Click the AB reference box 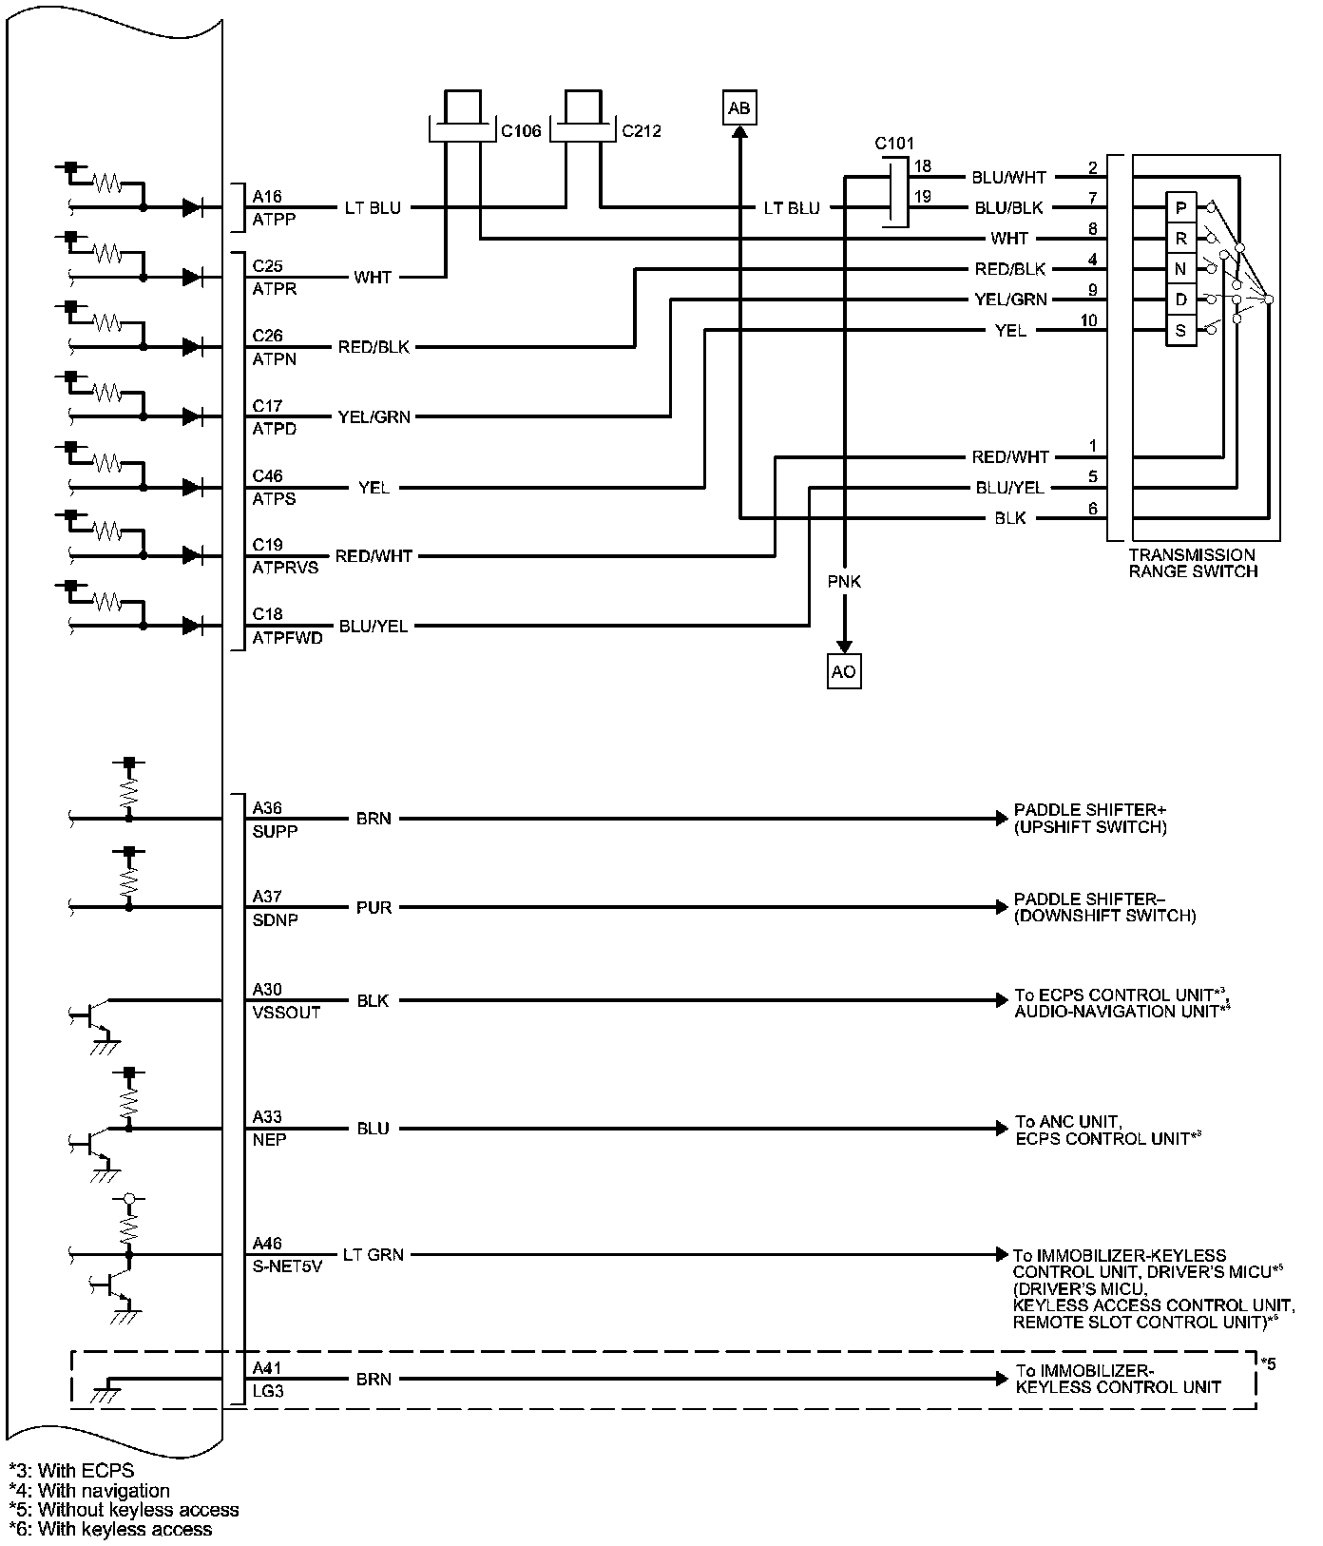738,108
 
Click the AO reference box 843,671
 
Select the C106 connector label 521,131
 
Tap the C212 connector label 642,131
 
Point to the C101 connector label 894,144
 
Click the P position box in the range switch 1180,207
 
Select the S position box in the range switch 1180,331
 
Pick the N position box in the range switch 1180,269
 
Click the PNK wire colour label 844,581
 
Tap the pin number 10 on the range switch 1088,320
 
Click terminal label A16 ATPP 274,207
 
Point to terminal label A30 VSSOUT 286,1000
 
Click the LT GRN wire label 374,1255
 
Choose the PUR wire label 374,908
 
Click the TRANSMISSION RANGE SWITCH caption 1193,563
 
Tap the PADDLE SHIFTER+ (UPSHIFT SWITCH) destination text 1090,819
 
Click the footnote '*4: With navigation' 89,1491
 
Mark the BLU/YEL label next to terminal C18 374,627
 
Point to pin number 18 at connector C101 922,166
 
